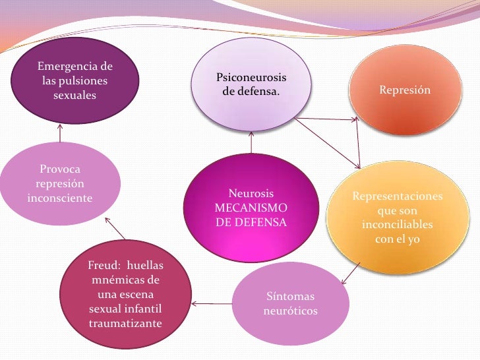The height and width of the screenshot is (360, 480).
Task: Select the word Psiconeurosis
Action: tap(251, 78)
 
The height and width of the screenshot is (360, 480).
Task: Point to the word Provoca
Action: tap(61, 170)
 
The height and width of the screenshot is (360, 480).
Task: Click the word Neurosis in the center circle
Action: tap(251, 195)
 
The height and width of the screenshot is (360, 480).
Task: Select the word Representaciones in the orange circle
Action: tap(398, 197)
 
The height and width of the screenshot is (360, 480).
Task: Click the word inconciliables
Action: tap(398, 225)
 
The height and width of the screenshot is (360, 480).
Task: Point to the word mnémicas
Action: tap(125, 280)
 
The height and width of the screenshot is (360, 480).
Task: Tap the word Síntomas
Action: tap(290, 296)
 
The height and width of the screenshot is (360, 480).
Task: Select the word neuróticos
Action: tap(290, 310)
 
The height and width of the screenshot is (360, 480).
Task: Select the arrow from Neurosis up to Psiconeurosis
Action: tap(251, 142)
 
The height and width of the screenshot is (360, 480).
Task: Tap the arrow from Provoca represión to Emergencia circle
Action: tap(61, 133)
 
